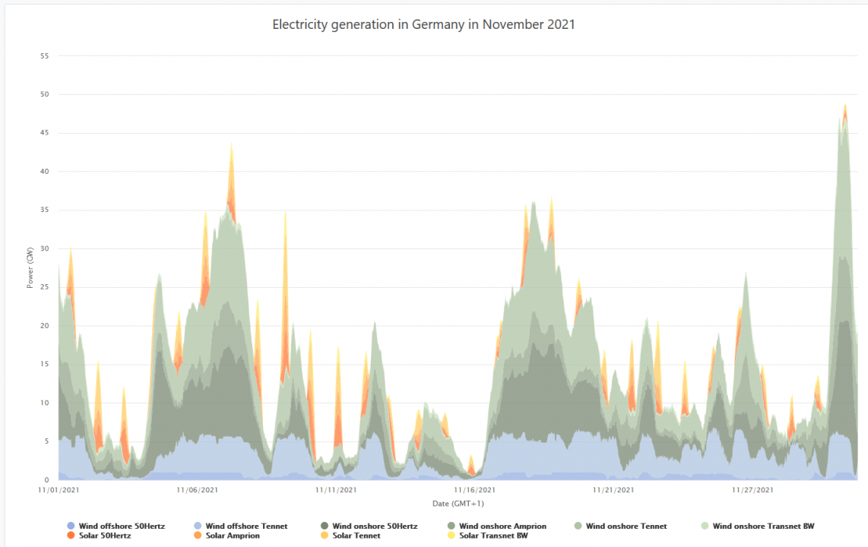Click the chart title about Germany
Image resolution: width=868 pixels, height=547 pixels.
423,24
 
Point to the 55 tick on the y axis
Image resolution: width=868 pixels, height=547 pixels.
44,56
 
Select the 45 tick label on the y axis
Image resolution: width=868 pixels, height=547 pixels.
44,133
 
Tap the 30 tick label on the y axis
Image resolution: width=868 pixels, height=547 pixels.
44,248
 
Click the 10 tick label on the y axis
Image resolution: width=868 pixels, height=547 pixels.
44,403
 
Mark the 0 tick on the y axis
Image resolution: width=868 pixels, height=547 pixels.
46,480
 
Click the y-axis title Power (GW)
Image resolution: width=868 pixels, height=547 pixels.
30,267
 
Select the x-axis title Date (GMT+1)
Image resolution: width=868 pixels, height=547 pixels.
458,504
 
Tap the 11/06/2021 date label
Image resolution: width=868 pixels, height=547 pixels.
198,490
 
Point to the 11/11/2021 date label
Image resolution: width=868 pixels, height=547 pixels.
337,490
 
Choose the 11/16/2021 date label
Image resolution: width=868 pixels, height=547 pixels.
474,490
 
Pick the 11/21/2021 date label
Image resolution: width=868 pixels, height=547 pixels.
613,490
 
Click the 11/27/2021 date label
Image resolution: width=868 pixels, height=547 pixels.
752,490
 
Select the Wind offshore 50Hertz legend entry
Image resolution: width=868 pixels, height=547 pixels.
120,526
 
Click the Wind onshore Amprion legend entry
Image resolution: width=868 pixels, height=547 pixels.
502,526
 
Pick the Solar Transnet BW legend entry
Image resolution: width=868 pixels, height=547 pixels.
493,536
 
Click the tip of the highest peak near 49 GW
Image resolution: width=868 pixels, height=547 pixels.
845,105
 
